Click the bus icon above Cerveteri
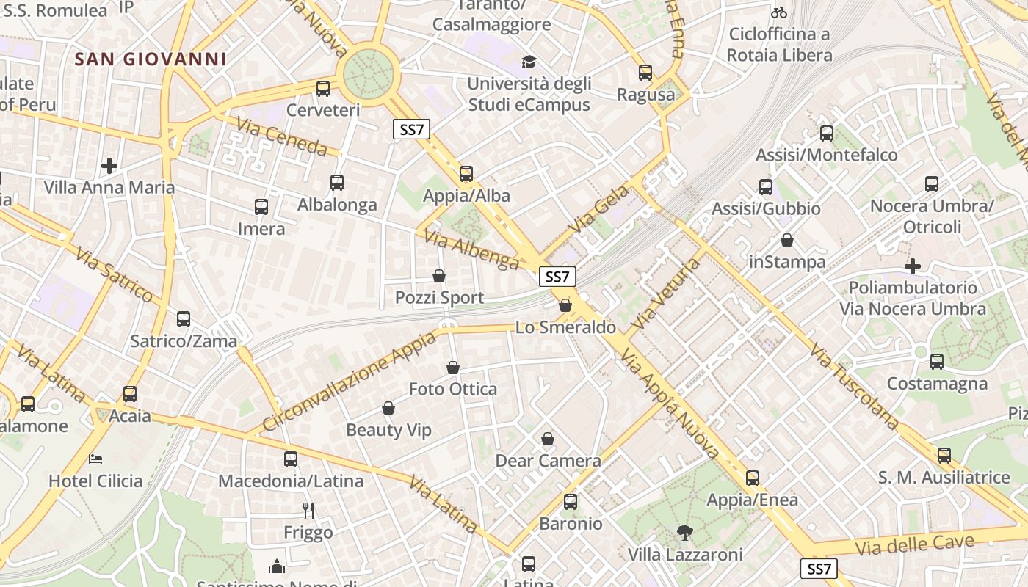point(323,89)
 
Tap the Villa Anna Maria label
point(109,187)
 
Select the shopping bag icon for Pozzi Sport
point(439,276)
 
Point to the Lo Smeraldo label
point(565,327)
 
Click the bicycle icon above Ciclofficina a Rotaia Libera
point(779,12)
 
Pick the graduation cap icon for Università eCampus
point(529,62)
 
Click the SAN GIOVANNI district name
point(150,59)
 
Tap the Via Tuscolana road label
point(855,386)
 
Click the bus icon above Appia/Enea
point(753,478)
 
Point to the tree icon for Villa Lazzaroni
point(685,532)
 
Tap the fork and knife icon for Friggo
point(308,510)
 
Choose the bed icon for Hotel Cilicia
point(95,459)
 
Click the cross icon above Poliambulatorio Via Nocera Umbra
point(913,266)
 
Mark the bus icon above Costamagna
point(937,361)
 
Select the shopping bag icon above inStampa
point(787,240)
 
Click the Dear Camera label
point(548,461)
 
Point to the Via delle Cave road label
point(914,545)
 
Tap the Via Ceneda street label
point(282,136)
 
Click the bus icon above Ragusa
point(645,73)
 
